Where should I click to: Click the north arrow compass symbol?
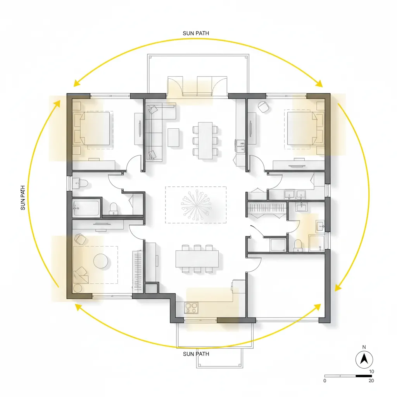(x=364, y=359)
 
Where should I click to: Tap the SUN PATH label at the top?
(x=196, y=33)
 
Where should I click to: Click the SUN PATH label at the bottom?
(x=196, y=354)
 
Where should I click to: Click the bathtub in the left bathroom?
(x=86, y=208)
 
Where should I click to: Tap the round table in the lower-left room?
(x=100, y=261)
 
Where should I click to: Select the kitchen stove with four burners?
(x=191, y=308)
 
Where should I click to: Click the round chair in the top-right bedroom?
(x=264, y=107)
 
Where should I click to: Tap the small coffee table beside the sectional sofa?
(x=173, y=137)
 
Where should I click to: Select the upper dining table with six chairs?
(x=205, y=140)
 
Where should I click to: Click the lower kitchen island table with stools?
(x=197, y=259)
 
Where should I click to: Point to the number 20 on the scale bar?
(x=371, y=381)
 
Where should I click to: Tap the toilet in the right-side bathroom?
(x=298, y=244)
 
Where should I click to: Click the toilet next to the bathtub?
(x=114, y=208)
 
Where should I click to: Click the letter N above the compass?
(x=364, y=347)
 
